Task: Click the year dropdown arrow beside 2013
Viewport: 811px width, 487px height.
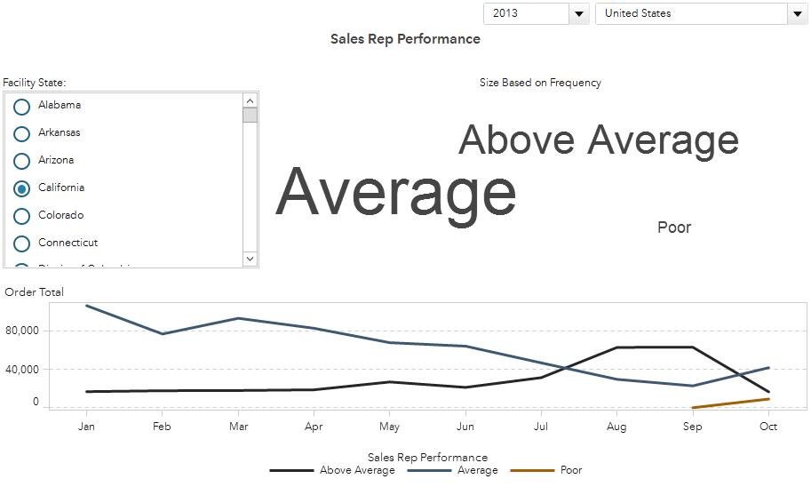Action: (579, 13)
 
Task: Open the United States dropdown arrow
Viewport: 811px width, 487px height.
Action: (797, 13)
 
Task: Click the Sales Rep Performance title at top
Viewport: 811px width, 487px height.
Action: (405, 39)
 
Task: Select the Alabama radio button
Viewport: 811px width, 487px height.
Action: (22, 106)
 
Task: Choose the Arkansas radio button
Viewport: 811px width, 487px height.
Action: (22, 133)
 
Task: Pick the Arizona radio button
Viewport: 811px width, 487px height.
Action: (22, 161)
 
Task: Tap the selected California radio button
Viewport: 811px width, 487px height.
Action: (22, 188)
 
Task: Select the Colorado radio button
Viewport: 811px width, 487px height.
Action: (22, 216)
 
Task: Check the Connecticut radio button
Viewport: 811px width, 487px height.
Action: (22, 244)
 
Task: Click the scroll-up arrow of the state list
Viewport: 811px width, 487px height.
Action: (250, 100)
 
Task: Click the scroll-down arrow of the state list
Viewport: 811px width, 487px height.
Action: (250, 259)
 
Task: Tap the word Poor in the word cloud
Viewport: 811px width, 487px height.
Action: (674, 228)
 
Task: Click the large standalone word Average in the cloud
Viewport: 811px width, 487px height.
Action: (396, 192)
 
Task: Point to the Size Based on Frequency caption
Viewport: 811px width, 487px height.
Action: (540, 83)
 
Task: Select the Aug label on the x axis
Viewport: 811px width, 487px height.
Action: (616, 427)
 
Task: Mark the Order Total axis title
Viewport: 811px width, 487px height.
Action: (34, 292)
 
